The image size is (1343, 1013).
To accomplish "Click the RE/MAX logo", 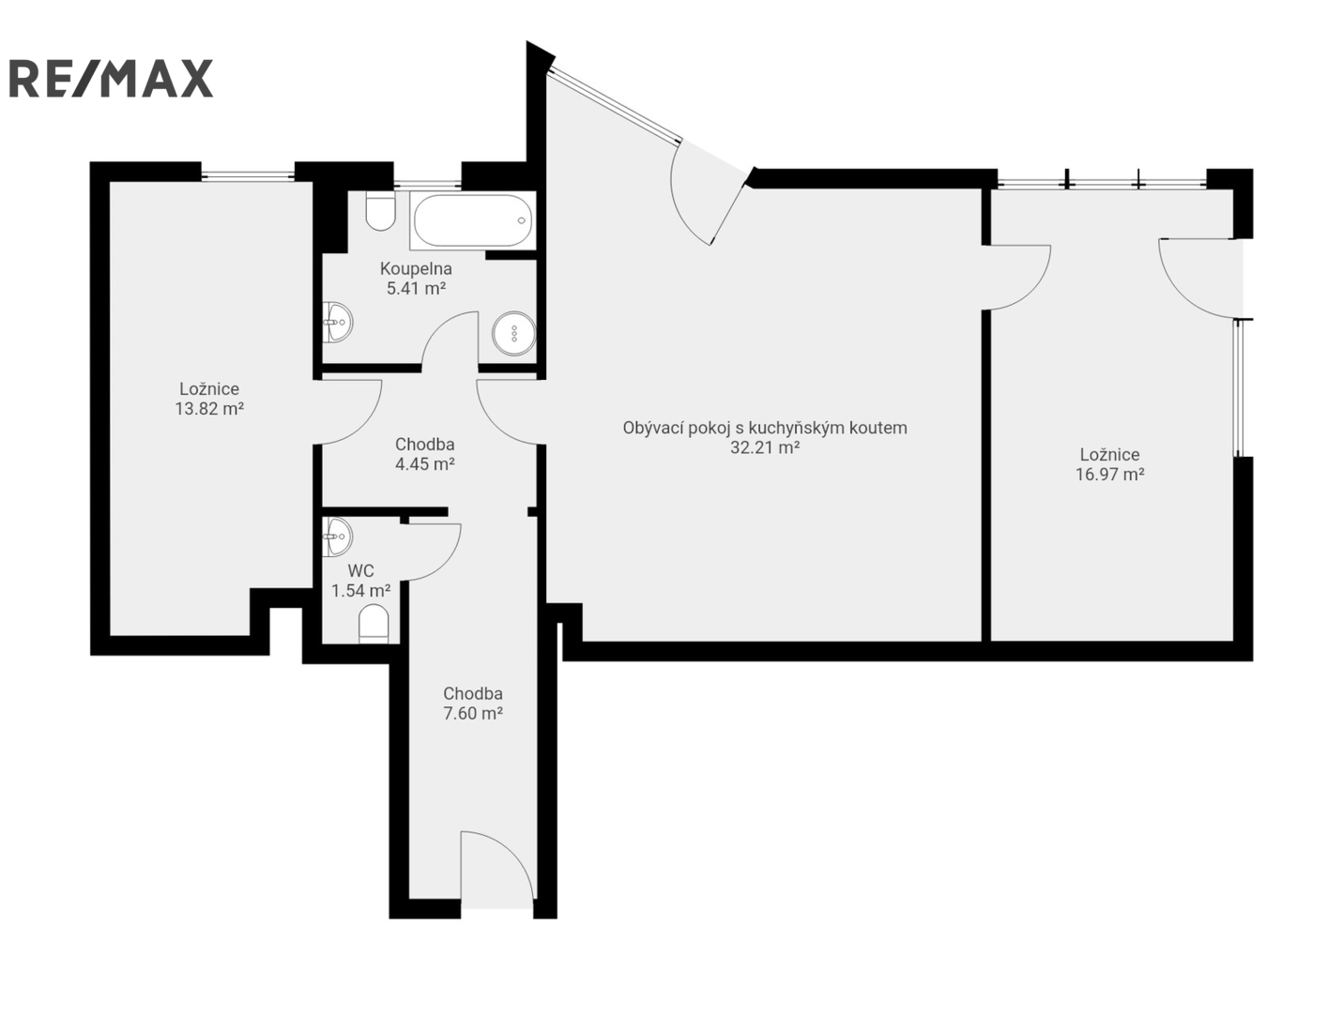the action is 111,78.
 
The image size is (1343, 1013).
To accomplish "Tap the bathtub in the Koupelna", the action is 472,220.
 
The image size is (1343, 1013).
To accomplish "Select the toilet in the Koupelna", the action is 380,211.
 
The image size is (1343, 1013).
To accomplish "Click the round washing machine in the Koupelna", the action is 514,333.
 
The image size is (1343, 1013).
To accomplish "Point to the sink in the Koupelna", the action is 337,322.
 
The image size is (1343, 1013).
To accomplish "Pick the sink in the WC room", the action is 337,537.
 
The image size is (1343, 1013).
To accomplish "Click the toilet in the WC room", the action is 374,624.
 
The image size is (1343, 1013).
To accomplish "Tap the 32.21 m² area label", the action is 765,447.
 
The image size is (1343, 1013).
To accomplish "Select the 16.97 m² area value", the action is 1110,475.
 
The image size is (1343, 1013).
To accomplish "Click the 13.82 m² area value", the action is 209,408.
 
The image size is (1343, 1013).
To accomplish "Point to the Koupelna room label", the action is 416,268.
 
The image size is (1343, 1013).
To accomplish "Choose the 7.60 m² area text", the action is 473,714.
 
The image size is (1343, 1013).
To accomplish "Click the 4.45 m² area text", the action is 424,464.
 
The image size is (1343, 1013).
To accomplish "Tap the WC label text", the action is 361,571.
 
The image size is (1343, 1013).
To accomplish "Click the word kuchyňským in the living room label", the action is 793,428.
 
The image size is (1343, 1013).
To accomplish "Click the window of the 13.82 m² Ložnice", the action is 248,176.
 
